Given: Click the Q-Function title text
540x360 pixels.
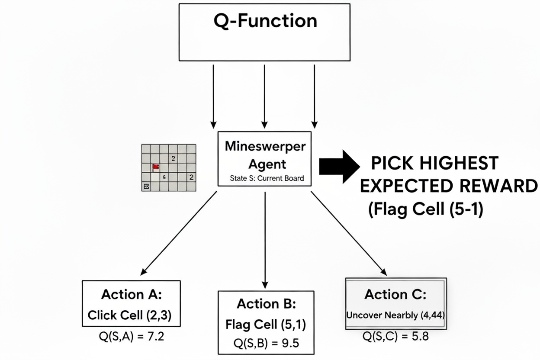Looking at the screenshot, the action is pos(265,21).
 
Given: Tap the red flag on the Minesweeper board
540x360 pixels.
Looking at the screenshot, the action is pos(156,167).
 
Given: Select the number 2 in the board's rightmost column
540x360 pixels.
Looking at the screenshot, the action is pos(191,177).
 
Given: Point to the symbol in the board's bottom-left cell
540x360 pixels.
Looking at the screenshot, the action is pos(146,186).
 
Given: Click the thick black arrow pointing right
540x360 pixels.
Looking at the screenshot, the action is pos(339,167).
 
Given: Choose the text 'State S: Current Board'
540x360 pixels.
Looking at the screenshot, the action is pos(267,178).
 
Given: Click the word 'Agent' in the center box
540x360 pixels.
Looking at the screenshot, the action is pos(267,164).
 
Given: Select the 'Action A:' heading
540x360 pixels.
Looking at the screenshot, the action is pos(132,294).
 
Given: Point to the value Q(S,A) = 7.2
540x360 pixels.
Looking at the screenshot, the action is pos(132,336).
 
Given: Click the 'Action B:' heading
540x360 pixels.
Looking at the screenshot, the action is pos(267,304).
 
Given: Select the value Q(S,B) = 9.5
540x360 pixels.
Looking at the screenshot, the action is pos(266,343).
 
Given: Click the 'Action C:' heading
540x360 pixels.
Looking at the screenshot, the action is pos(395,294).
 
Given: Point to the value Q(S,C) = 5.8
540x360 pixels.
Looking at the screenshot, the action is pos(395,336).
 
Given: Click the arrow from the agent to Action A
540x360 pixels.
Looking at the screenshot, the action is pos(178,233).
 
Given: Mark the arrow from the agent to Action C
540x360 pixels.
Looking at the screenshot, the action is pos(349,233).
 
